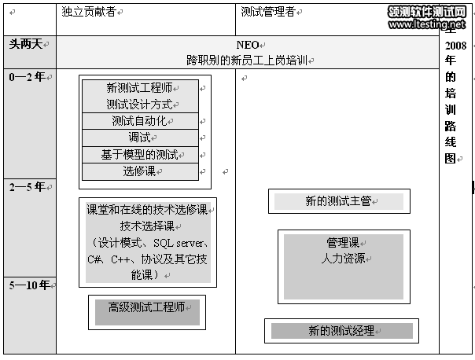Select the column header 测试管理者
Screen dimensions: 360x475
click(x=268, y=12)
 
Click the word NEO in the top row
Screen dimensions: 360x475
click(x=248, y=45)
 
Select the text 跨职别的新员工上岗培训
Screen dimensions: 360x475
click(x=247, y=59)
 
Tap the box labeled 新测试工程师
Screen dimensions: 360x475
click(x=139, y=88)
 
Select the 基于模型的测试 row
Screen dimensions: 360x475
click(x=139, y=154)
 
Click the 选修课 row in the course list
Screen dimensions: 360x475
click(x=139, y=171)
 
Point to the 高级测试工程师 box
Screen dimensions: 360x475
click(x=146, y=307)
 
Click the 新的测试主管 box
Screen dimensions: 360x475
click(x=338, y=201)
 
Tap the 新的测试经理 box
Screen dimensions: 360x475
click(x=341, y=331)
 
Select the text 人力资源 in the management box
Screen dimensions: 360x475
click(x=343, y=258)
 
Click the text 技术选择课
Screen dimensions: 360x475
click(x=147, y=226)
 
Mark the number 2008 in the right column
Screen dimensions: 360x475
click(x=455, y=45)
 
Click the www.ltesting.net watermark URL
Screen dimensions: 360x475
click(x=427, y=24)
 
